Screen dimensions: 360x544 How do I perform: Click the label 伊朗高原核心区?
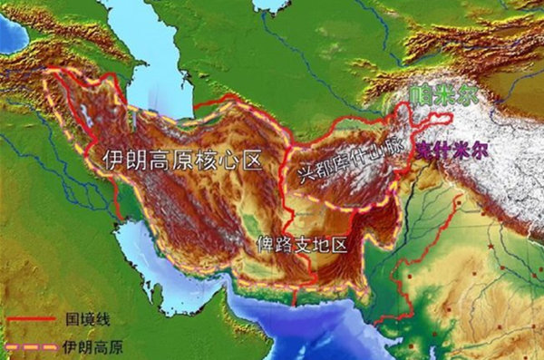pyautogui.click(x=182, y=162)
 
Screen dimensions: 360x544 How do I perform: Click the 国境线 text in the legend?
pyautogui.click(x=86, y=320)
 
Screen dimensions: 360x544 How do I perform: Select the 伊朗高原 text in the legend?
pyautogui.click(x=93, y=346)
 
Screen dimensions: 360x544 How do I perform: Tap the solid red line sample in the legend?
pyautogui.click(x=32, y=320)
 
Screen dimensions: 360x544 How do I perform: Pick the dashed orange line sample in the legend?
pyautogui.click(x=32, y=346)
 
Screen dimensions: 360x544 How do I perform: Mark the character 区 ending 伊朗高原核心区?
pyautogui.click(x=250, y=162)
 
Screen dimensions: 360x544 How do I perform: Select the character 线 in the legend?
pyautogui.click(x=102, y=320)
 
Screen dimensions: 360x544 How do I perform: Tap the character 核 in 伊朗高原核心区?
pyautogui.click(x=205, y=162)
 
